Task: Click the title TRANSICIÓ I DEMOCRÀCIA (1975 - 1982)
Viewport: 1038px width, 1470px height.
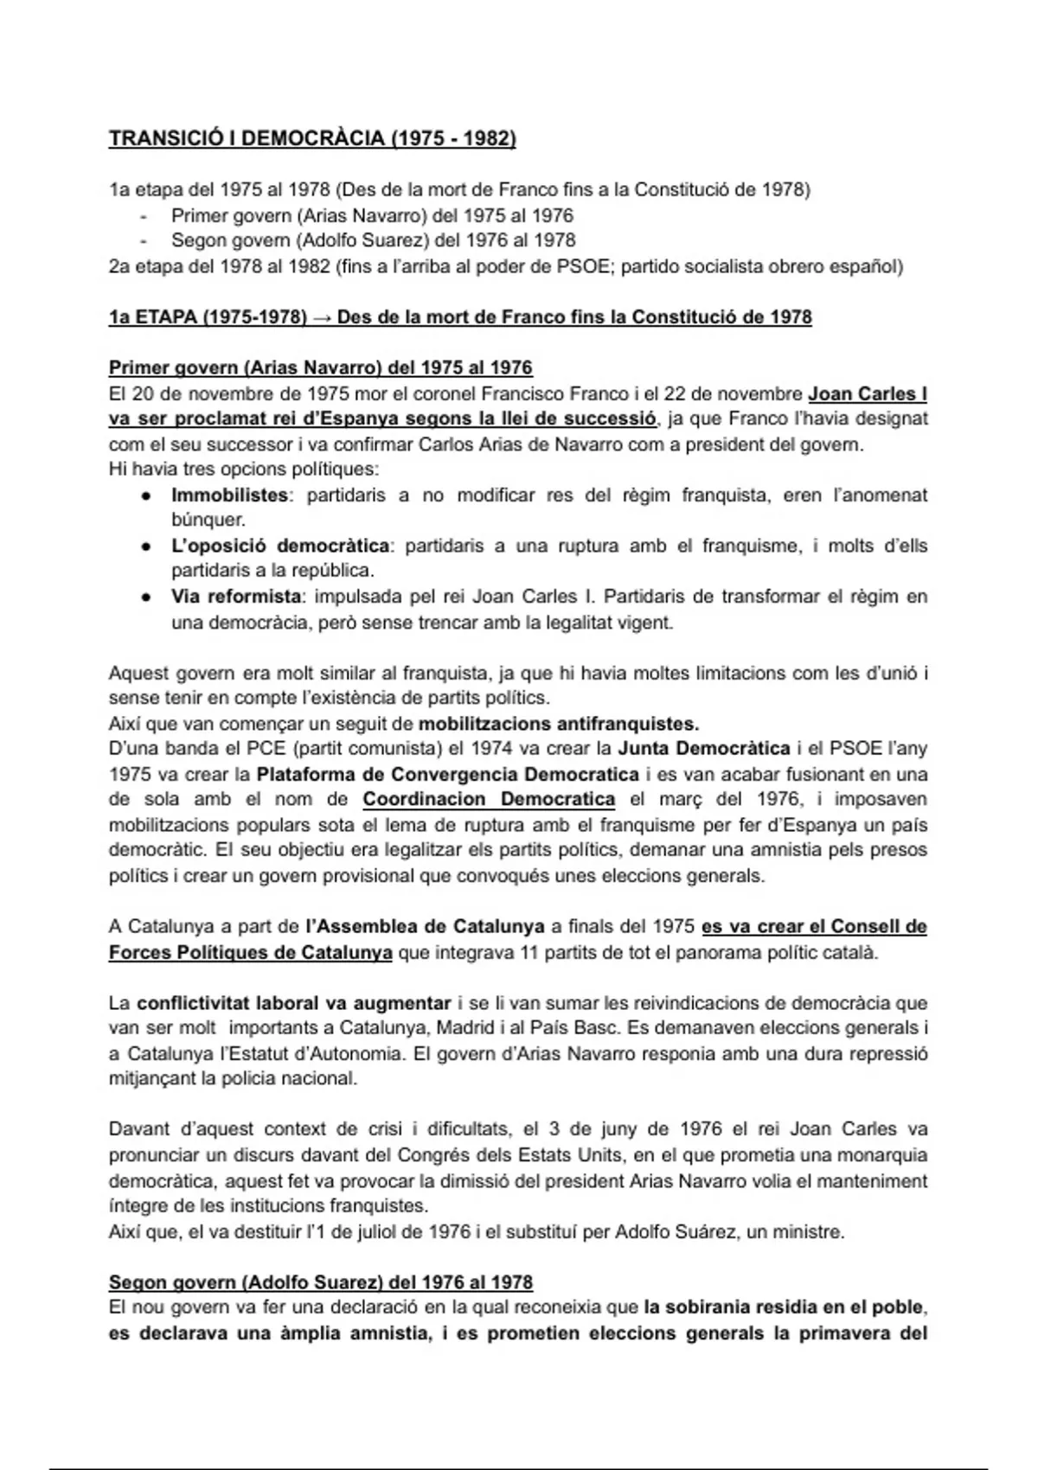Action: (312, 139)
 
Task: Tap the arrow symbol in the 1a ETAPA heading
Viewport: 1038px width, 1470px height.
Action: (322, 317)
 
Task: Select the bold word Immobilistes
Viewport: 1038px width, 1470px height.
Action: (229, 495)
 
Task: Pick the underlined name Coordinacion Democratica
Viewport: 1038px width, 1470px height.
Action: (489, 799)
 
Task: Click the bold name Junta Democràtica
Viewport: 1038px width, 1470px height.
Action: (703, 748)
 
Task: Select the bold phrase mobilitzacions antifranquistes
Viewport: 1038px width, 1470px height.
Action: (558, 723)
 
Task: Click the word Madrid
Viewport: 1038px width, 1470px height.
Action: (472, 1028)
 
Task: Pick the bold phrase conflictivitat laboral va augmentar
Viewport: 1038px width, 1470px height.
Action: (294, 1003)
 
